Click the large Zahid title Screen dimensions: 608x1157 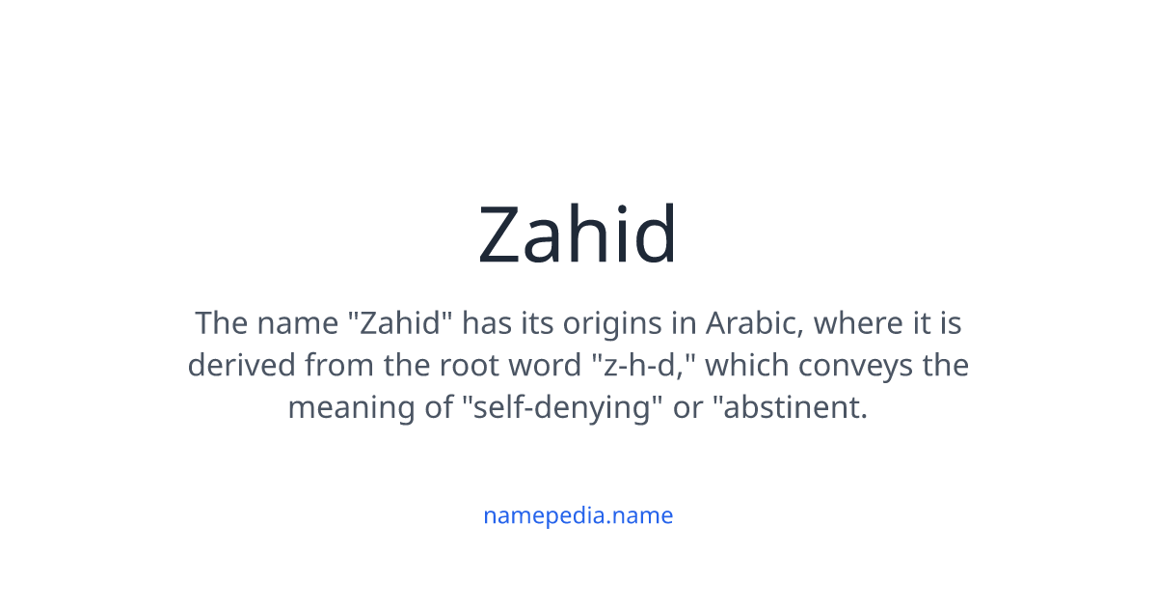pos(578,235)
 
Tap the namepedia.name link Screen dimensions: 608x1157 pos(578,515)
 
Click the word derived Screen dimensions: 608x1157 pos(242,365)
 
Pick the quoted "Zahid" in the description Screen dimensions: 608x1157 pos(399,322)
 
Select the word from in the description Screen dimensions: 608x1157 pos(335,365)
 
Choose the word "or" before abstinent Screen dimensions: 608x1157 pos(688,407)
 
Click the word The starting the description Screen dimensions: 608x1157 pos(221,322)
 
